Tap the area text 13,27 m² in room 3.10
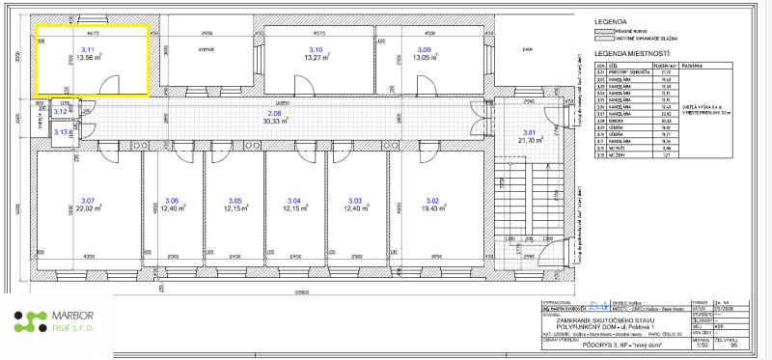coord(315,58)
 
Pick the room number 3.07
coord(90,200)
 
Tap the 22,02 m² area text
coord(90,208)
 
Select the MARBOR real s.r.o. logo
coord(53,322)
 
